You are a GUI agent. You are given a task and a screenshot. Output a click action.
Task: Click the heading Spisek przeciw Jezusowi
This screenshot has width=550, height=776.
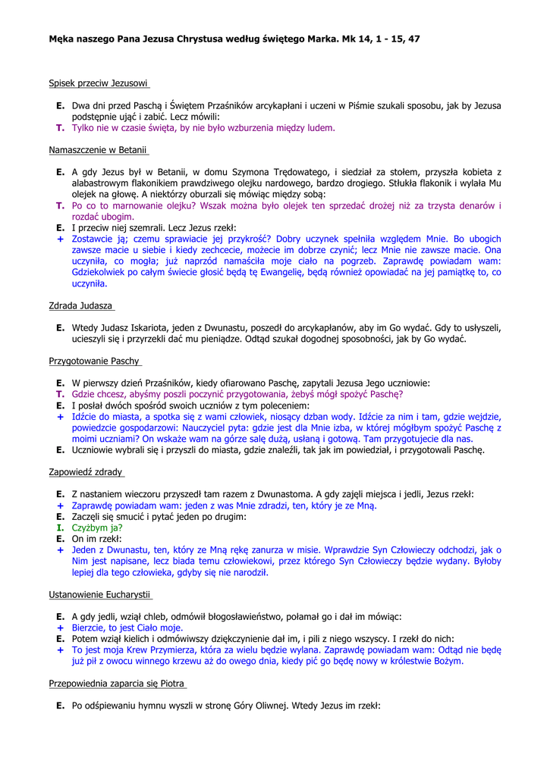click(98, 82)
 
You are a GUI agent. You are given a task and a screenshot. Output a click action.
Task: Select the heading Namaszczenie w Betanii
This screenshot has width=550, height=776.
click(98, 150)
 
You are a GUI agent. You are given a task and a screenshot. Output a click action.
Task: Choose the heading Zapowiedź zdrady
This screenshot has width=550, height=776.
click(86, 471)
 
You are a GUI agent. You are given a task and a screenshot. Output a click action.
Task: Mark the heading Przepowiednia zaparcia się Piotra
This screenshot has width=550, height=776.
click(117, 683)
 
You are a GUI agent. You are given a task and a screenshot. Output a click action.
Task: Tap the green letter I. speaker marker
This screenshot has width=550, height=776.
click(60, 527)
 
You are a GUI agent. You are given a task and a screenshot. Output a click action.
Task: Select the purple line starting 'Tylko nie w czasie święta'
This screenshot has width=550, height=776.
click(203, 128)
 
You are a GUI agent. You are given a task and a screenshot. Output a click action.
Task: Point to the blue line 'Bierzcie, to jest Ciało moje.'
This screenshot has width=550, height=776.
click(127, 628)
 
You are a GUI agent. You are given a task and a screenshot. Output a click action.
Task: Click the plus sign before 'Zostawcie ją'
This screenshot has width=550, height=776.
click(60, 239)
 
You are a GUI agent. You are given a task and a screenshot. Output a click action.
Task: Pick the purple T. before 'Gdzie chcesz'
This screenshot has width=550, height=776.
click(60, 394)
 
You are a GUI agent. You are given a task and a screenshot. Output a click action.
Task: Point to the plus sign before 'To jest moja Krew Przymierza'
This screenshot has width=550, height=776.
click(60, 650)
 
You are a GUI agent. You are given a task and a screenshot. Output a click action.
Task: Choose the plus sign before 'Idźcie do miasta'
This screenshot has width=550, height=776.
click(60, 417)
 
